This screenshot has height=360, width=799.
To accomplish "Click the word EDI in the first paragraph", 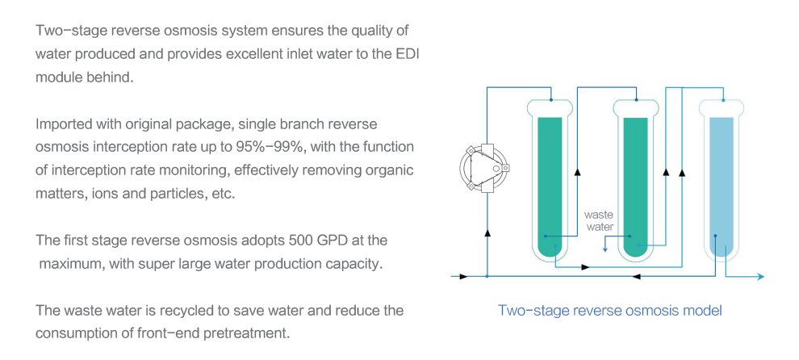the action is click(x=406, y=54).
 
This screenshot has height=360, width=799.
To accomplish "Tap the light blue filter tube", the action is click(x=721, y=178).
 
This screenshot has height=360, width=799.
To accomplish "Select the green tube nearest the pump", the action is click(x=550, y=178).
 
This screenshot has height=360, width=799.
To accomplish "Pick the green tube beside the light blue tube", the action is click(x=635, y=178).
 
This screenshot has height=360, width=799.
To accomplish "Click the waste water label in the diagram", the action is click(x=599, y=221).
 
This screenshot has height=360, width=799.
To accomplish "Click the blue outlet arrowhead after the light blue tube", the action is click(x=761, y=277).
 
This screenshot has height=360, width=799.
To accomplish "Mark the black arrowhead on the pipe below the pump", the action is click(x=487, y=233).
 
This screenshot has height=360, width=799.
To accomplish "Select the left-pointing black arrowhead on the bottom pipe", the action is click(x=637, y=276).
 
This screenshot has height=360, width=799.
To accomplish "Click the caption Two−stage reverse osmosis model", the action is click(x=609, y=311).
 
